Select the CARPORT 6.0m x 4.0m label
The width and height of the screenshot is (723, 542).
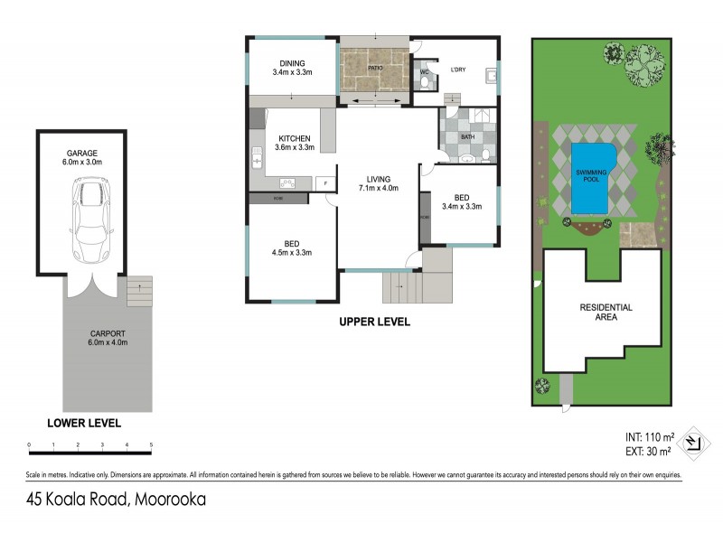[108, 337]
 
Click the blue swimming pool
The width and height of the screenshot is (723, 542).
[594, 176]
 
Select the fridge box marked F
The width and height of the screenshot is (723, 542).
[325, 183]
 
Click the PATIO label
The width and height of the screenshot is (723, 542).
[375, 68]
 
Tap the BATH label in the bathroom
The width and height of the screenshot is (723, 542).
[467, 136]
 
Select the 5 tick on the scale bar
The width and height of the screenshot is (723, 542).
[151, 444]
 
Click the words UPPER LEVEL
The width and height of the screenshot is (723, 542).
[374, 322]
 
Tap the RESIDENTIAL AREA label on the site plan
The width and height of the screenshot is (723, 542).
[606, 313]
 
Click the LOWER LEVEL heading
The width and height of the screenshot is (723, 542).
[83, 422]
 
